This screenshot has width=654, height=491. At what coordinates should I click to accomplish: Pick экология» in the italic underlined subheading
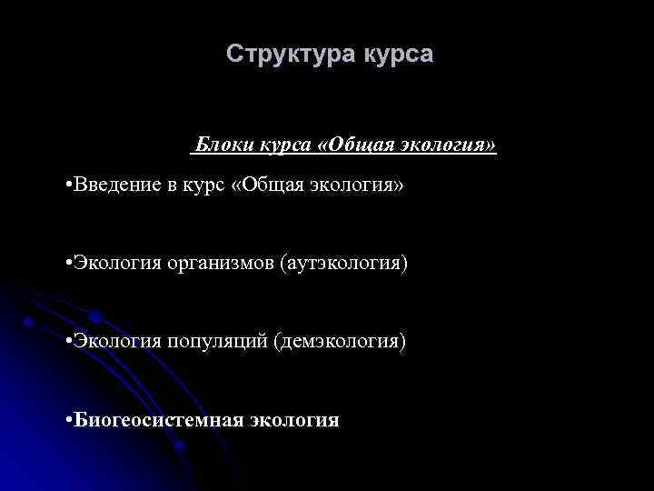[452, 145]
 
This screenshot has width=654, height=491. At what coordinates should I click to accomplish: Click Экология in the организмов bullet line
[117, 264]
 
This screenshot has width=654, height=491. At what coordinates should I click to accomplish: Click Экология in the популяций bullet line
[117, 342]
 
